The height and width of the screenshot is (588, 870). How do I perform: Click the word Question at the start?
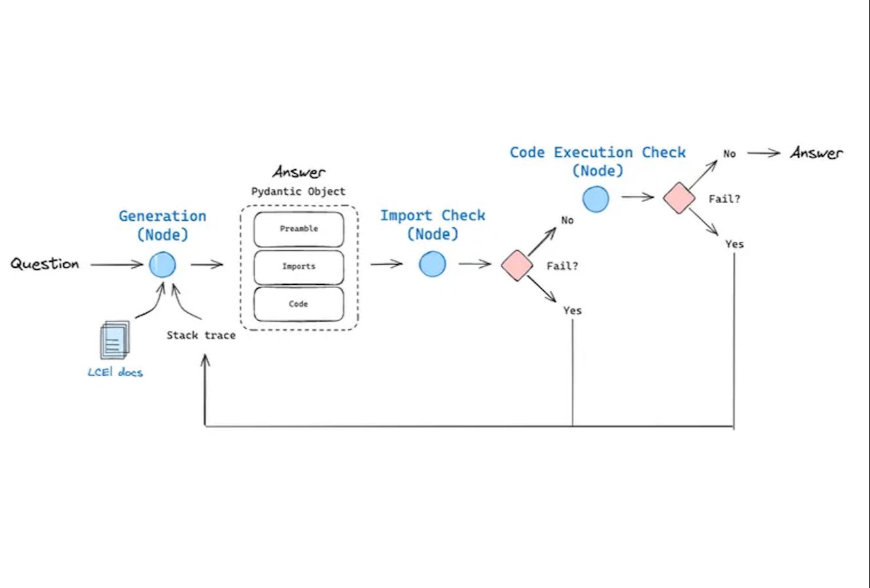[x=44, y=264]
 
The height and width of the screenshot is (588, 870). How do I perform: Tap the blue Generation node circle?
[x=163, y=265]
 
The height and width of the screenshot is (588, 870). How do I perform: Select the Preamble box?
[x=299, y=229]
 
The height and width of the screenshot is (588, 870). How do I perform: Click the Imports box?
[x=299, y=267]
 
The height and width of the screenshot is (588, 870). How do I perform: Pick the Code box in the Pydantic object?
[x=299, y=304]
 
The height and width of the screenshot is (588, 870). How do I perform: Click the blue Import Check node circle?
[x=432, y=264]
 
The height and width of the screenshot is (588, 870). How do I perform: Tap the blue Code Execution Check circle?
[x=595, y=199]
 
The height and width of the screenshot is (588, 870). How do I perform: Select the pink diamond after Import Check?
[x=517, y=265]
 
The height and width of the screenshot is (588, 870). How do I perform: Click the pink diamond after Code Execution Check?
[x=679, y=198]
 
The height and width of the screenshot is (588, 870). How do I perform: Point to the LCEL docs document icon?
[x=114, y=340]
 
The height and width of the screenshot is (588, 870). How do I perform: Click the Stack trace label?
[x=201, y=335]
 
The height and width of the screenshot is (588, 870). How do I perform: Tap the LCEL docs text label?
[x=115, y=372]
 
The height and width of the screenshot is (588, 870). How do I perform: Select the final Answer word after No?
[x=816, y=153]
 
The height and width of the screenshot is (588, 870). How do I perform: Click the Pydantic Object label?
[x=299, y=191]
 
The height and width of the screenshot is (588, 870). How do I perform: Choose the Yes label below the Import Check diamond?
[x=572, y=310]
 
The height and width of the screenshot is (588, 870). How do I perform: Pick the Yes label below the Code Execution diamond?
[x=734, y=244]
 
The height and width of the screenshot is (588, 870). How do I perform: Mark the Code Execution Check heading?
[x=598, y=152]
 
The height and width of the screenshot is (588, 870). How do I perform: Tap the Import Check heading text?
[x=433, y=216]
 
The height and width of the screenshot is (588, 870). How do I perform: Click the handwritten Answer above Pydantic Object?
[x=299, y=172]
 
